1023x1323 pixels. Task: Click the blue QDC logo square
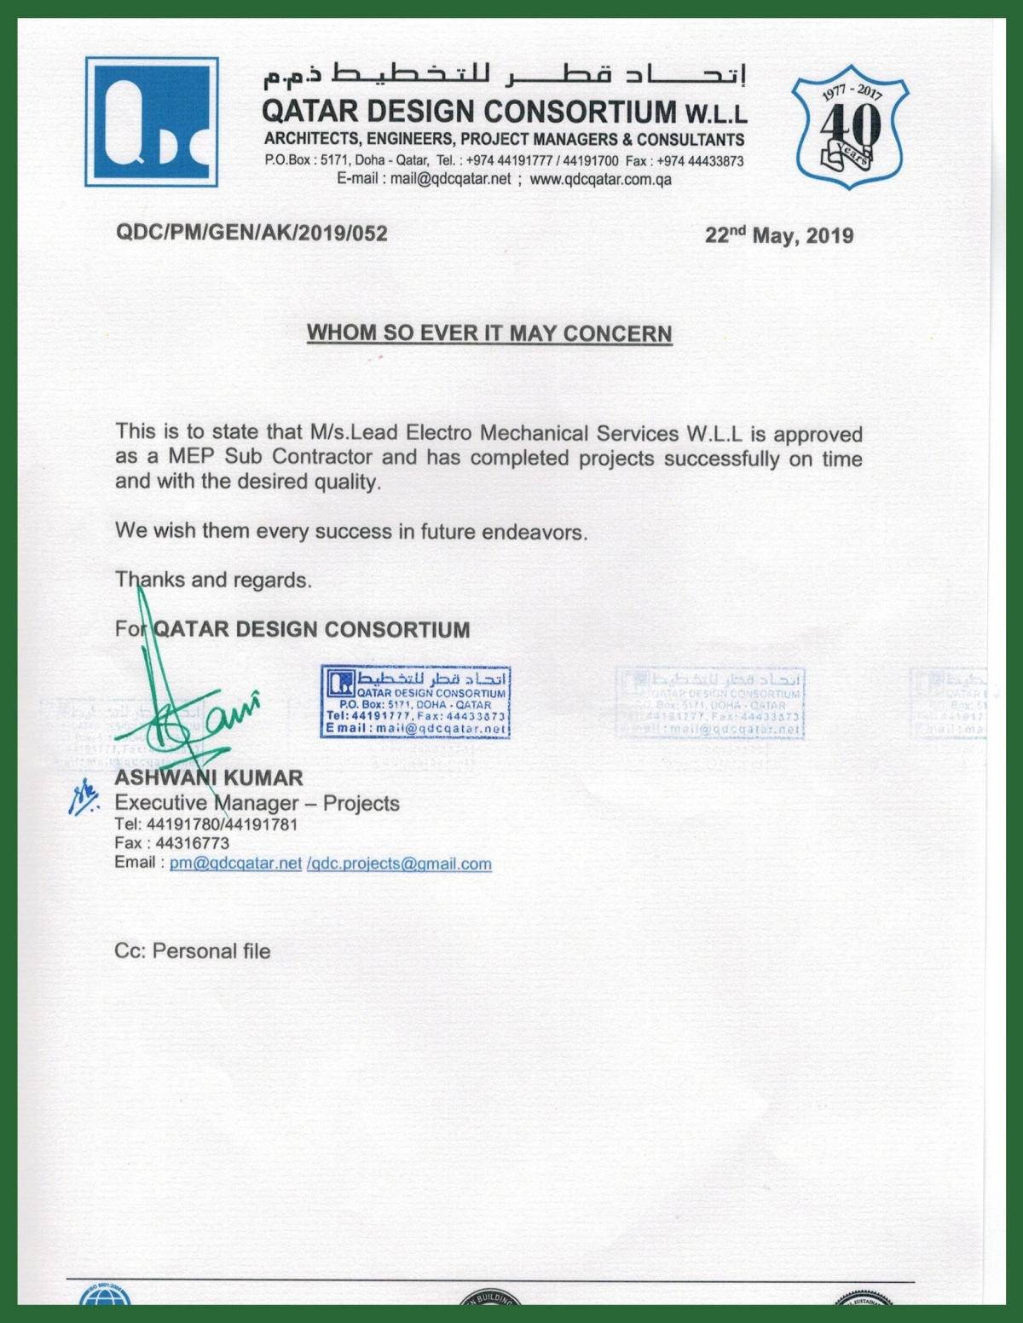[152, 122]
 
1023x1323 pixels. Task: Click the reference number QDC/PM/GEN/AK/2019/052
[251, 234]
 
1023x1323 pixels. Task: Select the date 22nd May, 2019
[778, 235]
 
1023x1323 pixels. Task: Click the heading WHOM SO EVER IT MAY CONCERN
[489, 333]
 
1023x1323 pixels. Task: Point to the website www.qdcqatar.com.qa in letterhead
[600, 179]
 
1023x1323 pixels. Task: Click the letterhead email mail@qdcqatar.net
[450, 179]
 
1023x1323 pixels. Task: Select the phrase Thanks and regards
[213, 581]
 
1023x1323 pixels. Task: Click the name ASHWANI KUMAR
[209, 777]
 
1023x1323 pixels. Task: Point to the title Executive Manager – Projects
[257, 803]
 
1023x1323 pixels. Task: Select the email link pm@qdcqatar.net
[235, 863]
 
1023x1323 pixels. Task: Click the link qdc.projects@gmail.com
[400, 864]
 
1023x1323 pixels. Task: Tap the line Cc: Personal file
[193, 950]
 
